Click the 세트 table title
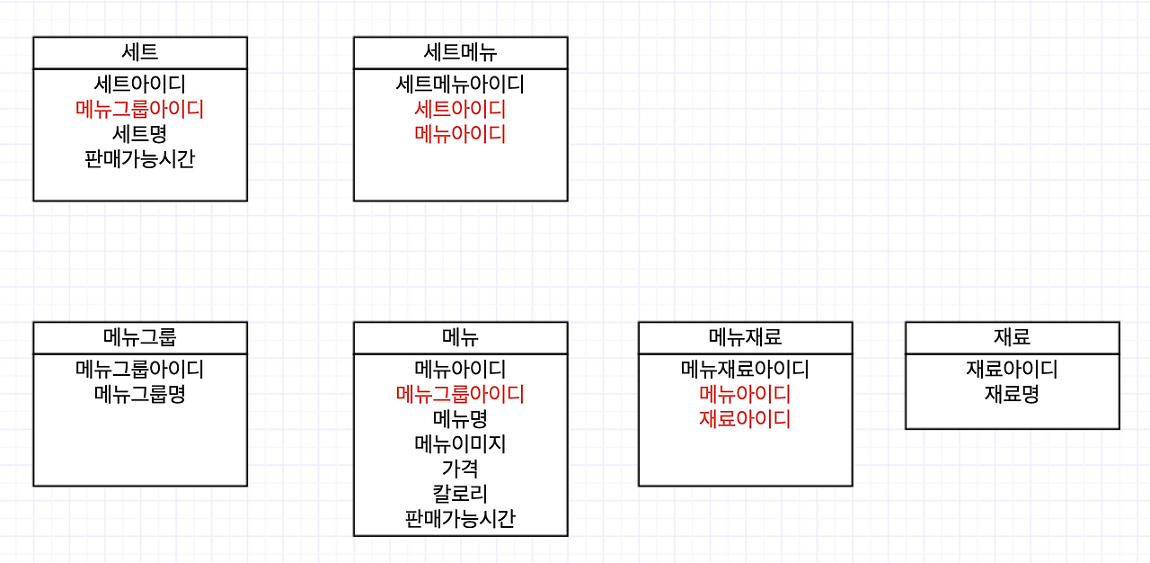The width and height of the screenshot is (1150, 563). (x=139, y=52)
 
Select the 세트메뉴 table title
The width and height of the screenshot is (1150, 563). (x=460, y=52)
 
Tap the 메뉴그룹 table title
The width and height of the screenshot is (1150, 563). (x=139, y=337)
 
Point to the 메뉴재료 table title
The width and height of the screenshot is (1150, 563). (x=745, y=337)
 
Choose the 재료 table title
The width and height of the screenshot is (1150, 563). (x=1012, y=337)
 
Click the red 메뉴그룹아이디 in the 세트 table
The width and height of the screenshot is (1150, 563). (x=139, y=110)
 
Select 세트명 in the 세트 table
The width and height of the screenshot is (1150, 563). (x=139, y=135)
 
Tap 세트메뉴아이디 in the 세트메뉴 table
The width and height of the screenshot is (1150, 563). (x=460, y=85)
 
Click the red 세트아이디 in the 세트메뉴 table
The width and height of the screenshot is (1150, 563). (x=460, y=110)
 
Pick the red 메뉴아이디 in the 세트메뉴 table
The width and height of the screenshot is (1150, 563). (x=460, y=135)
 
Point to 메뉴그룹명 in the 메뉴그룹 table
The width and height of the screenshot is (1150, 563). (x=139, y=394)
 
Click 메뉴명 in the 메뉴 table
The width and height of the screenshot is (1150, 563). (x=460, y=419)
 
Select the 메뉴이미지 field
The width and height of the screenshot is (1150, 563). (x=460, y=444)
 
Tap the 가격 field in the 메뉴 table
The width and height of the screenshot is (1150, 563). (x=460, y=469)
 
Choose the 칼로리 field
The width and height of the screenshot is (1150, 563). (x=460, y=494)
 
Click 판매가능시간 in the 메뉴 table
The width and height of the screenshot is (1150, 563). (x=460, y=519)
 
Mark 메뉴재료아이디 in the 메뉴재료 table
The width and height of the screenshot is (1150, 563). (x=745, y=369)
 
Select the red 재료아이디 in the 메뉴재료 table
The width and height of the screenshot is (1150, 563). (x=745, y=419)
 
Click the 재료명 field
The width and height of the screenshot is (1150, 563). (x=1012, y=394)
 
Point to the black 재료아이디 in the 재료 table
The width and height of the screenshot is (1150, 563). (x=1012, y=369)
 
